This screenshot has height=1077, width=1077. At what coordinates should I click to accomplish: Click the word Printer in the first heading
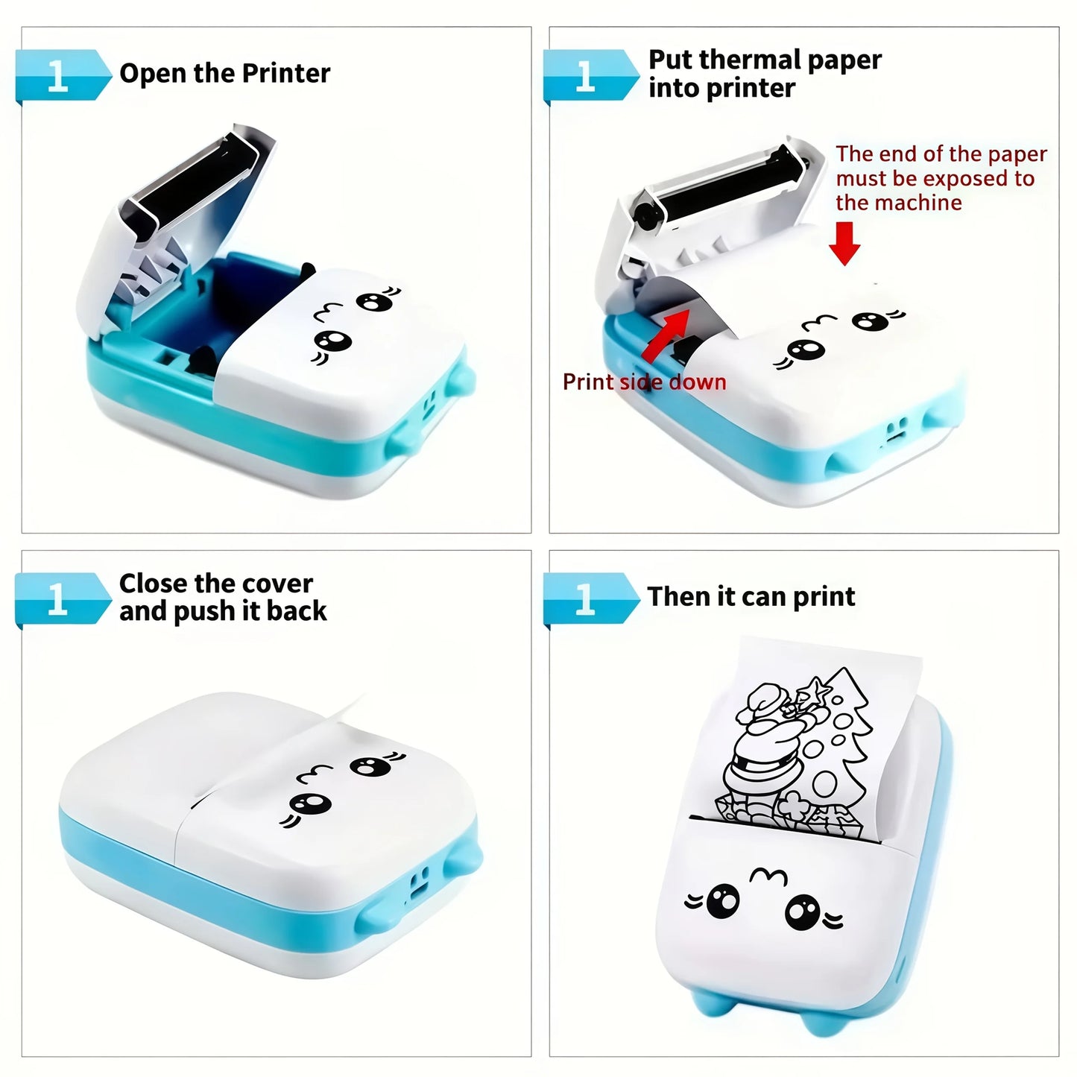coord(286,73)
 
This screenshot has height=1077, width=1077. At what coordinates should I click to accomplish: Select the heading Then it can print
coord(751,596)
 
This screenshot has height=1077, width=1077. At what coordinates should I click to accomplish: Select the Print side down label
coord(644,382)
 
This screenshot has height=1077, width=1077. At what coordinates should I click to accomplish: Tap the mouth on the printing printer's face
coord(768,877)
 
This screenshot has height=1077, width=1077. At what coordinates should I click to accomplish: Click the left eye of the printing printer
coord(721,901)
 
